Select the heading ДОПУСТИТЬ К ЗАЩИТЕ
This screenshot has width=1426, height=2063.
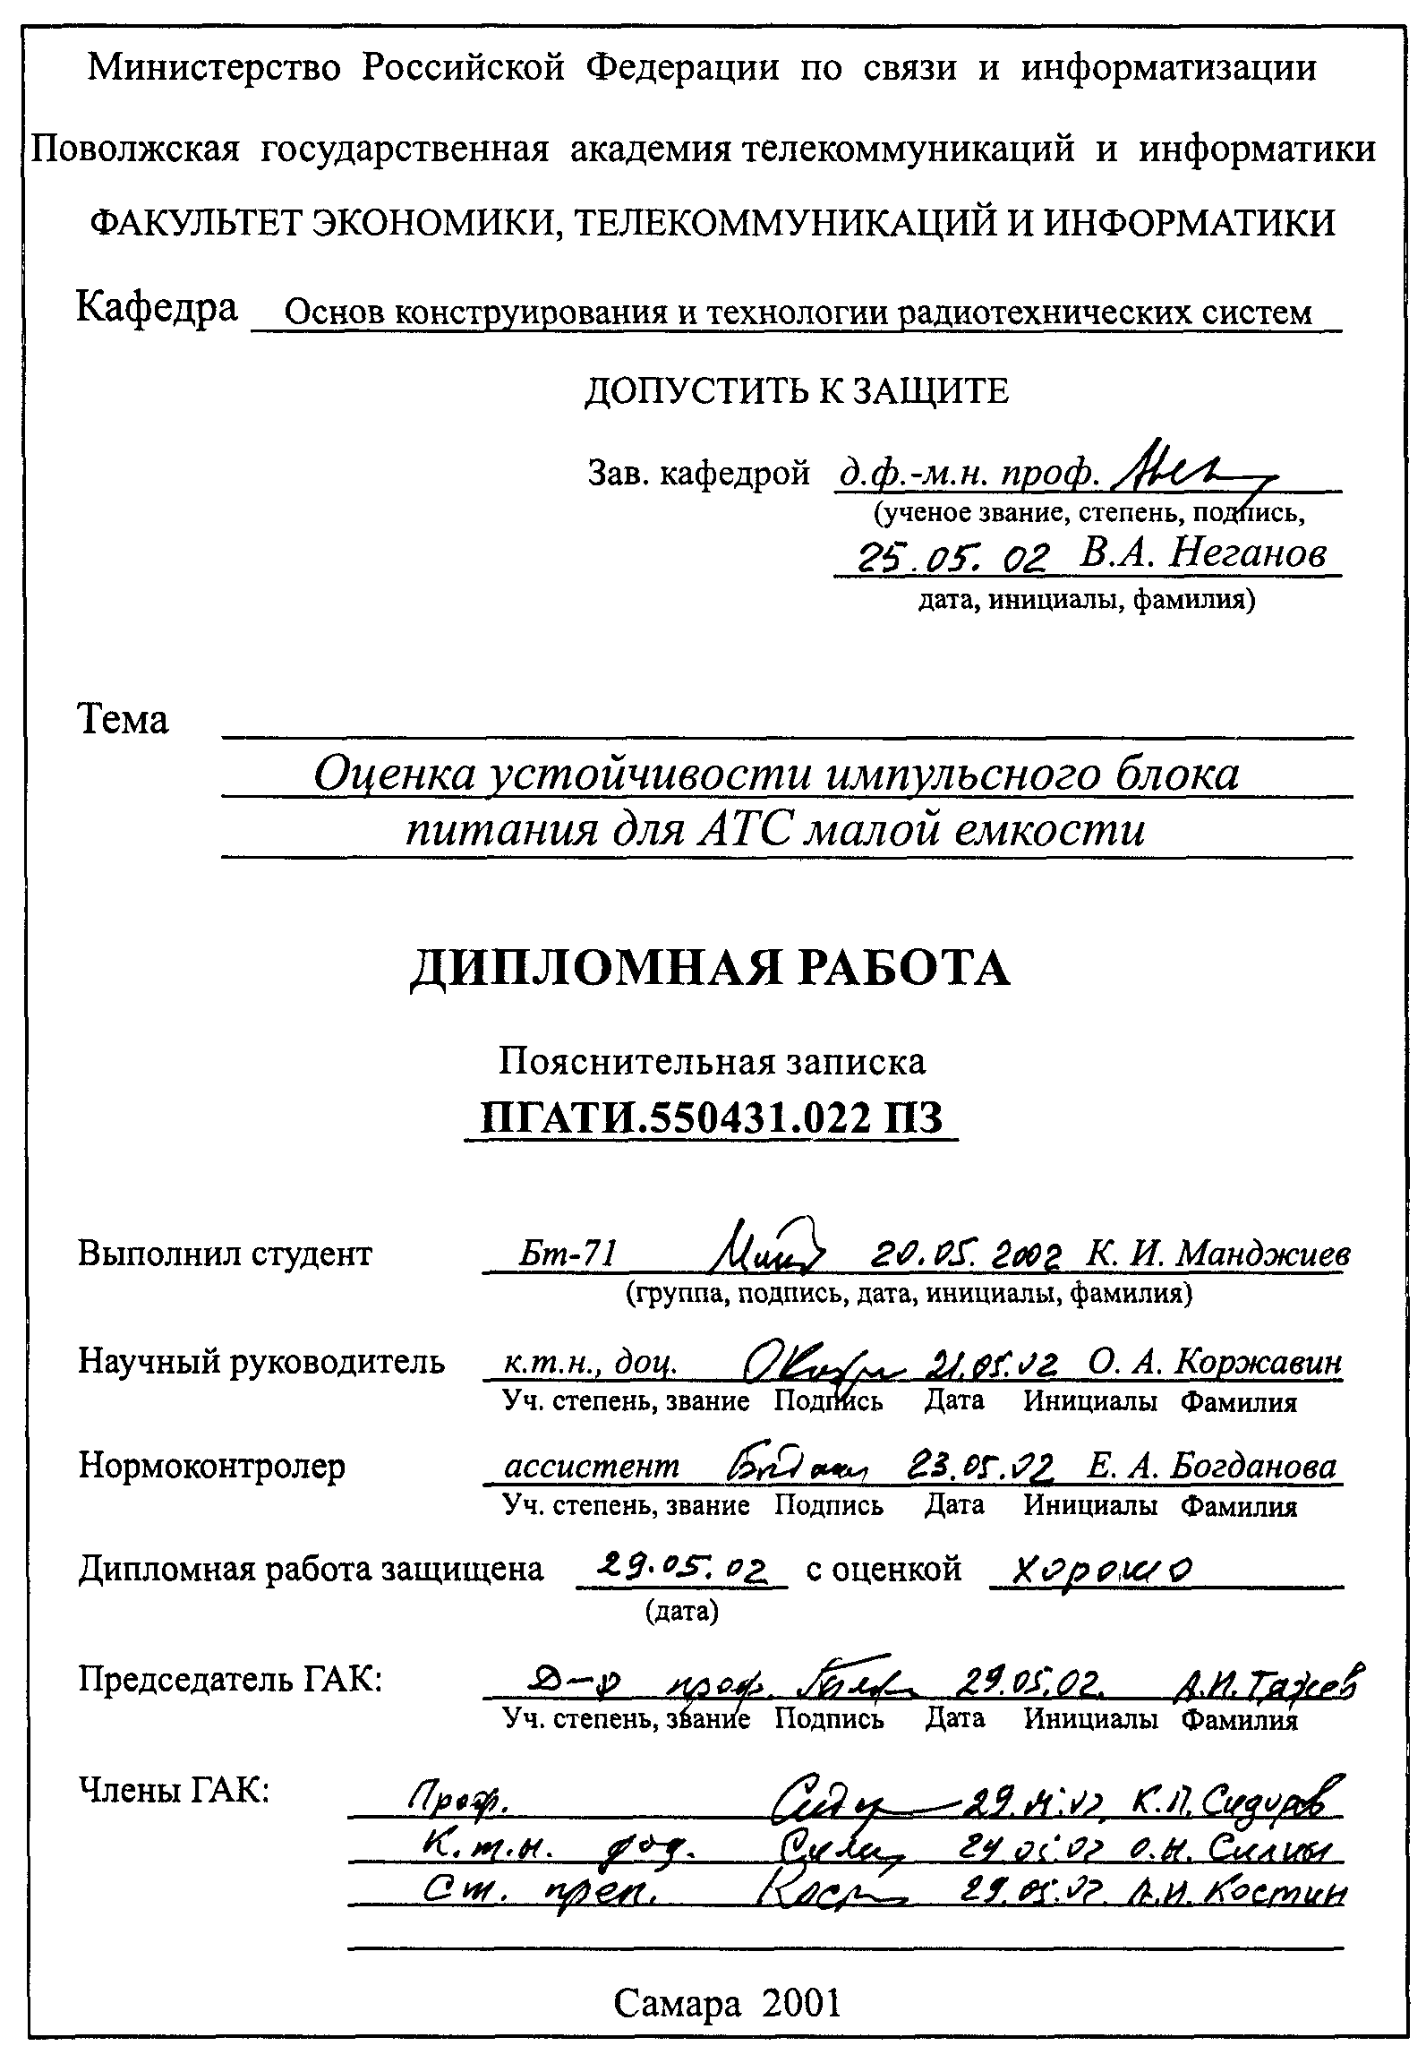point(796,391)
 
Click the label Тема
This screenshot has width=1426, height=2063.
point(124,719)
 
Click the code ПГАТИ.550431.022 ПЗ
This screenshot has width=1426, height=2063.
point(712,1118)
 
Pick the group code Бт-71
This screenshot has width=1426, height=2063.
point(569,1254)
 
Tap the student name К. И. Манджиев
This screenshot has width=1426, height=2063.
point(1217,1254)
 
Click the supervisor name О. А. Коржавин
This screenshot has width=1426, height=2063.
point(1216,1362)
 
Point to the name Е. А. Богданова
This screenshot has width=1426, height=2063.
point(1211,1467)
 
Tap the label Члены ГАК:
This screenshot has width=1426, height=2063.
point(175,1790)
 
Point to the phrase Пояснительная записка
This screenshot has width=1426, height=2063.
point(712,1061)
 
